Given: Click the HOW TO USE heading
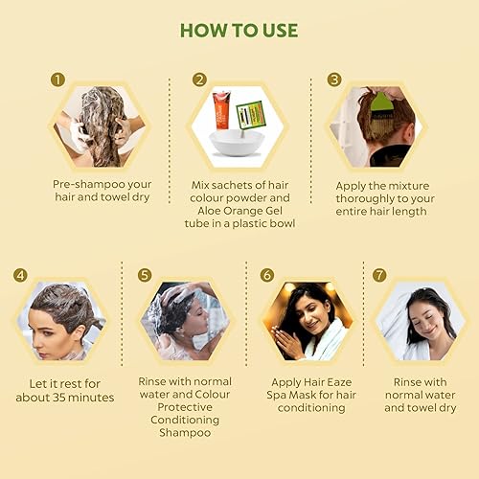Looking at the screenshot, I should point(239,30).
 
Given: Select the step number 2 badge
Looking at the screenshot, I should point(199,80).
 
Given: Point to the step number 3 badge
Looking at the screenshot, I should point(335,80).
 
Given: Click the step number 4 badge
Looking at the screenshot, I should point(20,275).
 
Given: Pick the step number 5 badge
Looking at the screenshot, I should point(145,275).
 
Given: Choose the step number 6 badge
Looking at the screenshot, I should point(268,275).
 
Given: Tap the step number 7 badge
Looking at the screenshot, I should point(379,275).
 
